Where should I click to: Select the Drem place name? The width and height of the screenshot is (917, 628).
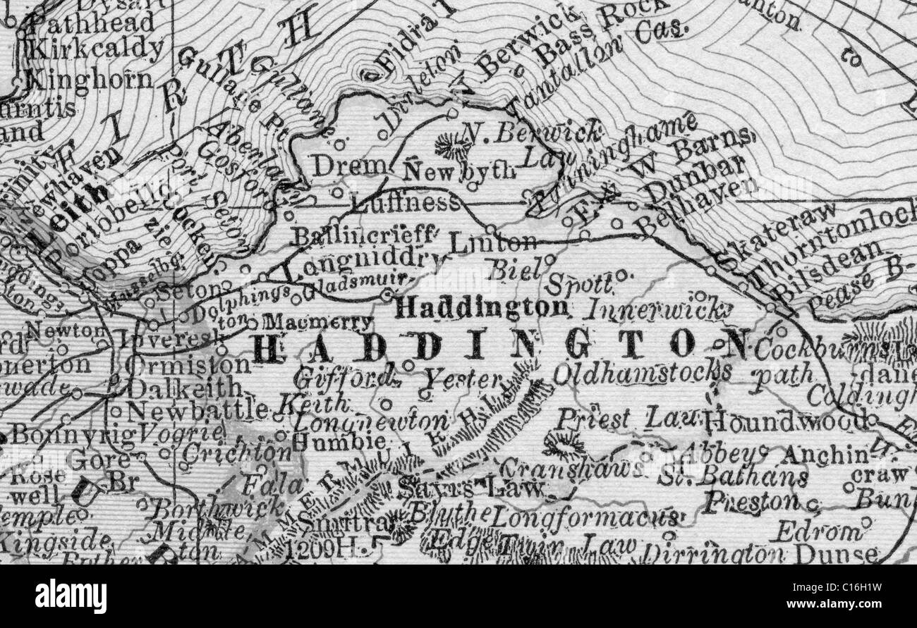click(341, 166)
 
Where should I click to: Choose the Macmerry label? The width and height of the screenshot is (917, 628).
click(317, 324)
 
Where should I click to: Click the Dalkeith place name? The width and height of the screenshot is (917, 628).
click(184, 388)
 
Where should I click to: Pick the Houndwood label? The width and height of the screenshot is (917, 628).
click(786, 421)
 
